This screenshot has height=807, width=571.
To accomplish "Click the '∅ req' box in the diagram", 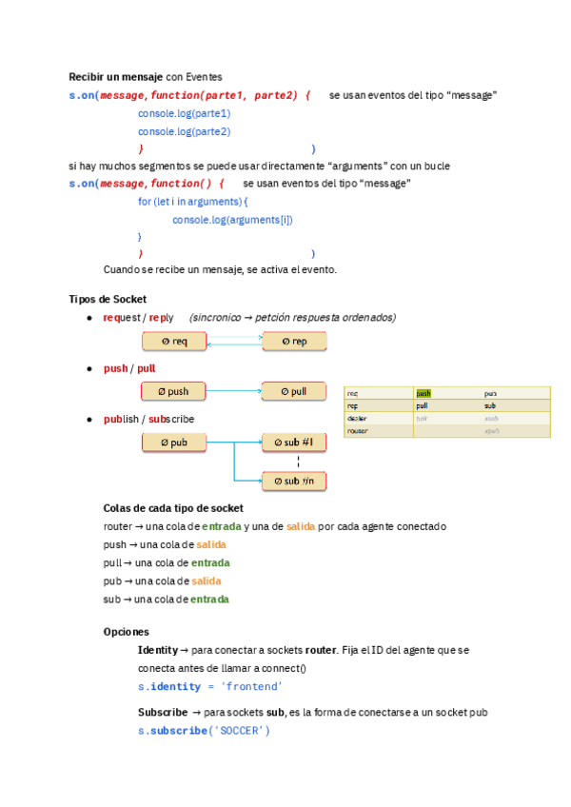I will point(174,341).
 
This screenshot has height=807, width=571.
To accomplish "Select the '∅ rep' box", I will point(294,341).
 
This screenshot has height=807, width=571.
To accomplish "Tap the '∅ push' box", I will point(174,390).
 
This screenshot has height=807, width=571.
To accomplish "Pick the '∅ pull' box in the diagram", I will point(294,390).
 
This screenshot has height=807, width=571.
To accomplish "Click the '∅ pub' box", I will point(174,442).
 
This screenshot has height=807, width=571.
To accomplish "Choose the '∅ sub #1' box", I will point(294,442).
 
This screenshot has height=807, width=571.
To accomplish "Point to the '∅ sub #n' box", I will point(294,482).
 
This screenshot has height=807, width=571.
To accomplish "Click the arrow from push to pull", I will point(234,390).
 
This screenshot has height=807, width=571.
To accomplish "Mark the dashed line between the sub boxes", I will point(299,462).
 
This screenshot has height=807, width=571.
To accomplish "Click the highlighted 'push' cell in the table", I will point(423,393).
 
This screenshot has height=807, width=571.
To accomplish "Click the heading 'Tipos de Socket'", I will point(108,299).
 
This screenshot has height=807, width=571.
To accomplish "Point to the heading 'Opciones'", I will point(126,631).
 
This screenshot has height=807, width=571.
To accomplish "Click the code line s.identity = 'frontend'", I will point(209,686).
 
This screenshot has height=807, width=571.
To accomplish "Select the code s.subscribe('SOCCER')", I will point(204,730).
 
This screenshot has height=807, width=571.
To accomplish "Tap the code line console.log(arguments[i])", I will point(232,220).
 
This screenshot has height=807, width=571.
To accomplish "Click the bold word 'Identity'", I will point(157,650).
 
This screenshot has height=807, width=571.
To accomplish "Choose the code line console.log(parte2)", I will point(184,131).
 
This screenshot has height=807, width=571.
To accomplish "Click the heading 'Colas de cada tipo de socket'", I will point(173,508).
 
